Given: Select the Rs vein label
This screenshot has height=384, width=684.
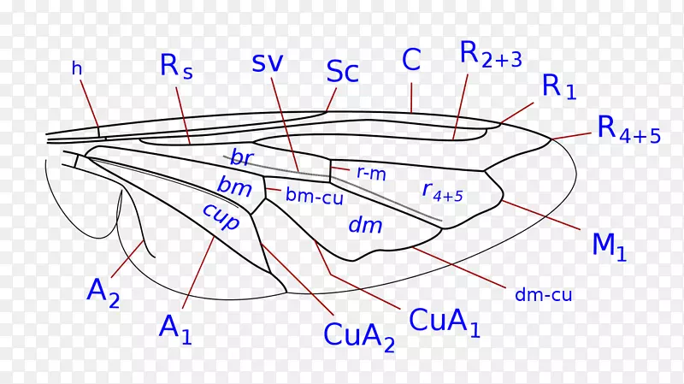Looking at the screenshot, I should tap(175, 68).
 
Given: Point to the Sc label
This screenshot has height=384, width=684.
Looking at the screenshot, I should tap(342, 73).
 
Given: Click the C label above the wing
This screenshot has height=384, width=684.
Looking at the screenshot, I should tap(411, 59).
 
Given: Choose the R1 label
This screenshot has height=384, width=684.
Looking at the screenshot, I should tap(560, 86).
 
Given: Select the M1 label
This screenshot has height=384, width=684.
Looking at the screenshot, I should tap(610, 245).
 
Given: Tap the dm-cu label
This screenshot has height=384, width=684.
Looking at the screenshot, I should tap(543, 295).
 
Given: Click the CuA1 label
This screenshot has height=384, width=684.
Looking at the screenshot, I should tap(445, 321).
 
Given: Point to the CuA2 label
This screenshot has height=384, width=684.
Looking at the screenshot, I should tap(359, 334).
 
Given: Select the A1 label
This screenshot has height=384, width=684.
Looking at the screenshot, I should tap(176, 328).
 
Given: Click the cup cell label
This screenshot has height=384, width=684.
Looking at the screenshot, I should tap(221, 215).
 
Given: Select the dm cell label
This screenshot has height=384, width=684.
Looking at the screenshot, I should tap(365, 225).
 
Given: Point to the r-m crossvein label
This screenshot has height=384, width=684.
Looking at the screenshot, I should tap(371, 172).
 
